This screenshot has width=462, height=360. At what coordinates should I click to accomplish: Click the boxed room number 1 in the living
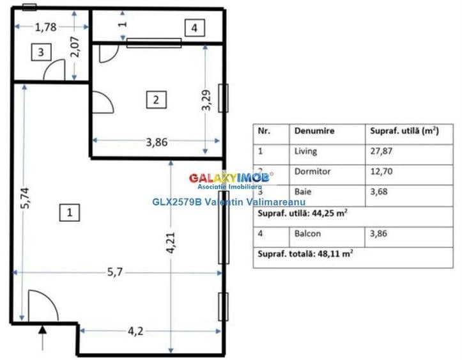click(69, 212)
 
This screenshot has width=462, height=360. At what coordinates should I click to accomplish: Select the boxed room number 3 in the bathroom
click(40, 52)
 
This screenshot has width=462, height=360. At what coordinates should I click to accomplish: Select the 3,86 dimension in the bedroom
click(157, 143)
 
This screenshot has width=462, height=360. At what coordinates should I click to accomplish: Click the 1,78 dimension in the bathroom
click(46, 27)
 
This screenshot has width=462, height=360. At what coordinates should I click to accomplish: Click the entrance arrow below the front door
click(43, 333)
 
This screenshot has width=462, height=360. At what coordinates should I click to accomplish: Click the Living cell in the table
click(306, 152)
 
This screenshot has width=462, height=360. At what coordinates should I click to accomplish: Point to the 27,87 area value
click(381, 152)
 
